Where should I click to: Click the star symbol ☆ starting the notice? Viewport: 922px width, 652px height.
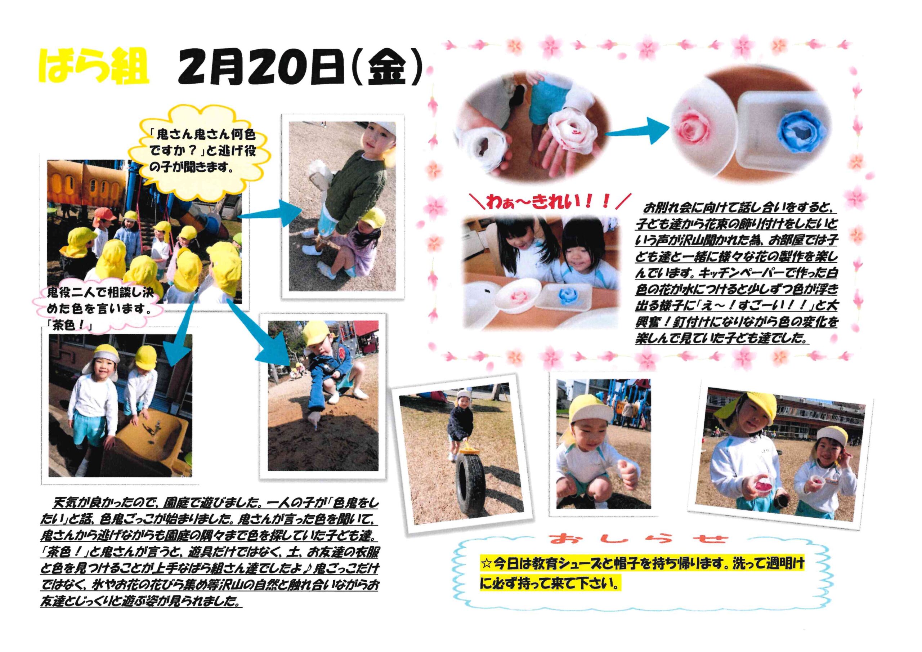click(486, 564)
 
